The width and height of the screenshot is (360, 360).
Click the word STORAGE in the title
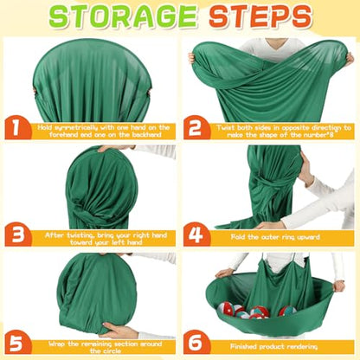point(123,16)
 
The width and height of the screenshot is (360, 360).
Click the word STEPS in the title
point(260,16)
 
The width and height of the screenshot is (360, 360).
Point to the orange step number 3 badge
point(18,235)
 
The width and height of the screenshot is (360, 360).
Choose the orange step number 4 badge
point(196,235)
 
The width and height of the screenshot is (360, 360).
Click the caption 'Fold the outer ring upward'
point(275,237)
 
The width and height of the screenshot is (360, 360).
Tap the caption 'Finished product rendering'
point(273,346)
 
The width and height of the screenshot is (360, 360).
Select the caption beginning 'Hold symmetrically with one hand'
point(104,131)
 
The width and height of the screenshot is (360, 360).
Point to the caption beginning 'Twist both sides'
point(284,131)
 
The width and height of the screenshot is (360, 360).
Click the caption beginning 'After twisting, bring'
point(106,239)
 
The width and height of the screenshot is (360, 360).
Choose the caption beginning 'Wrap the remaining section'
point(105,347)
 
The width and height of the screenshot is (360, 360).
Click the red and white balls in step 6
point(257,311)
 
